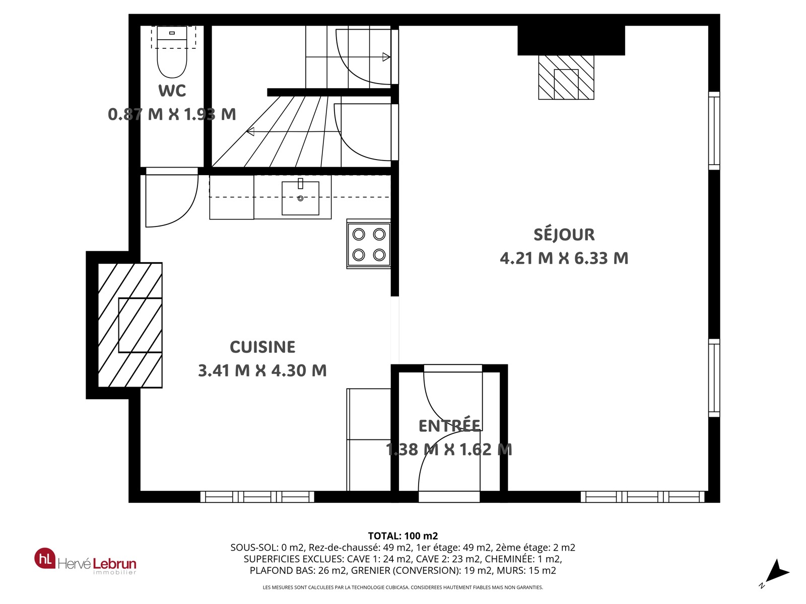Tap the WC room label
172,91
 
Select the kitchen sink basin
300,198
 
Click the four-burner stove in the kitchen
369,244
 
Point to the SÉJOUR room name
564,235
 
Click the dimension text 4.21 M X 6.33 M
564,258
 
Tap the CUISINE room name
262,347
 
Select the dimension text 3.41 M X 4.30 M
262,370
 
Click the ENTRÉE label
449,426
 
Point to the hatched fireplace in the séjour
566,78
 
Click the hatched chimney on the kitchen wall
130,325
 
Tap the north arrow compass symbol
776,572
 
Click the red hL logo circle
45,558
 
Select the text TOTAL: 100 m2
403,536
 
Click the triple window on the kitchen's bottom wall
257,497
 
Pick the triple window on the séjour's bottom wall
642,497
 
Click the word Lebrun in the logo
114,563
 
